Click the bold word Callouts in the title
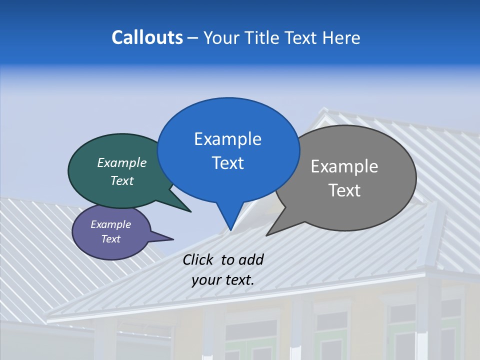coord(147,37)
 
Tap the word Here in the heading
coord(341,37)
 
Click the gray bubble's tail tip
coord(266,235)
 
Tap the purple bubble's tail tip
coord(173,239)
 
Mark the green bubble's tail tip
coord(190,211)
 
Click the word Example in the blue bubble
coord(228,139)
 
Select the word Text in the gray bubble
coord(344,190)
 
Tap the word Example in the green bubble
coord(122,162)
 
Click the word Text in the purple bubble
coord(111,239)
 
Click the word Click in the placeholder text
coord(198,259)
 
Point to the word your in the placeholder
coord(206,280)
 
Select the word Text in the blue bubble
coord(228,163)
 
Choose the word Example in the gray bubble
coord(344,166)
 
